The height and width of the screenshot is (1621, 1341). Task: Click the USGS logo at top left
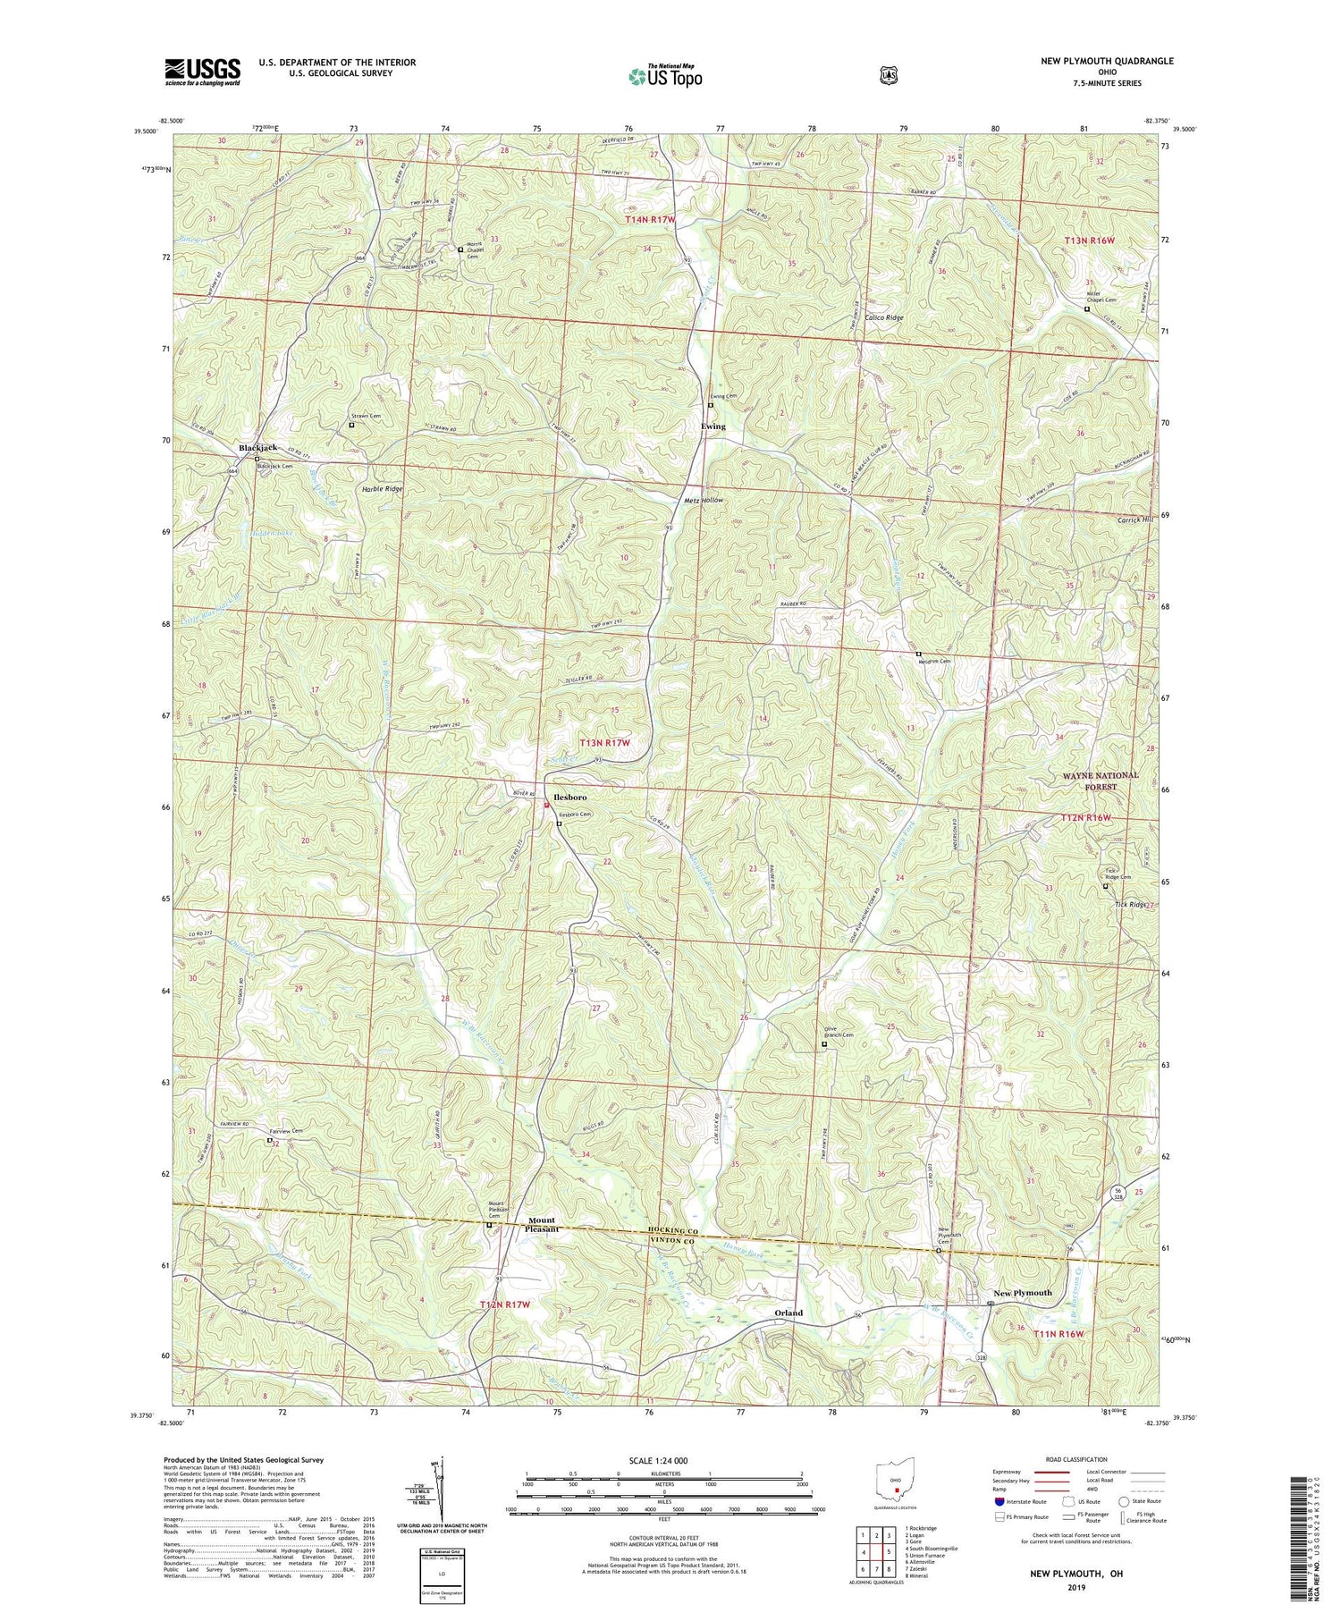pyautogui.click(x=202, y=71)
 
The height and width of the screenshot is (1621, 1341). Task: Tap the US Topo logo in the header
pyautogui.click(x=665, y=75)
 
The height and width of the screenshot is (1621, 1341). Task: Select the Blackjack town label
pyautogui.click(x=257, y=447)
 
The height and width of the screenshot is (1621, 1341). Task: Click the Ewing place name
pyautogui.click(x=713, y=426)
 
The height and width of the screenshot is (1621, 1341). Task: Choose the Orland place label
pyautogui.click(x=789, y=1313)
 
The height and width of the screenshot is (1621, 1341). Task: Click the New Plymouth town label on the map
pyautogui.click(x=1023, y=1293)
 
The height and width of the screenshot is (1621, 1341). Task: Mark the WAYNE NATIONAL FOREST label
pyautogui.click(x=1101, y=781)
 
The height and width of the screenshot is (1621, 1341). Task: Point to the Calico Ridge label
pyautogui.click(x=883, y=317)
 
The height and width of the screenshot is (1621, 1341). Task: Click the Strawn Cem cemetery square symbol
pyautogui.click(x=351, y=425)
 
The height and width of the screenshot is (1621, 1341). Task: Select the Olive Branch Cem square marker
pyautogui.click(x=824, y=1043)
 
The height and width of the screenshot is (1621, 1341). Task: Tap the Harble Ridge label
pyautogui.click(x=382, y=489)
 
